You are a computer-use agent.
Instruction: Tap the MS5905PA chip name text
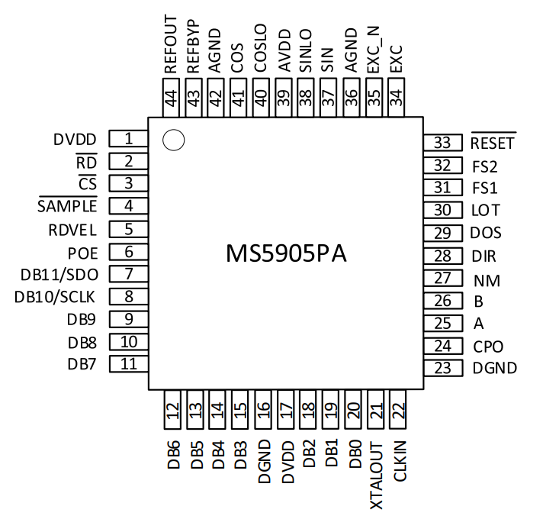coord(286,253)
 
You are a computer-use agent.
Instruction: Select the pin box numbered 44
coord(171,98)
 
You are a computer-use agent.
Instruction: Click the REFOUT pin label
coord(170,44)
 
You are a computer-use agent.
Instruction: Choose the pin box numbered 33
coord(443,143)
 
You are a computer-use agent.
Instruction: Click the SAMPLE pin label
coord(67,205)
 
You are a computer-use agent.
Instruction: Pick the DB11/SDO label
coord(59,275)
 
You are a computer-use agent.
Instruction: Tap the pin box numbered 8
coord(129,296)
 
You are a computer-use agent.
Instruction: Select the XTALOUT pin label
coord(376,476)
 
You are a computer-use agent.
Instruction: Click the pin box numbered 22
coord(398,409)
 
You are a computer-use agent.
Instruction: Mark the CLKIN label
coord(400,461)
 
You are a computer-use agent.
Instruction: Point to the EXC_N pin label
coord(374,50)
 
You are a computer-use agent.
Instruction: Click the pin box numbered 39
coord(284,98)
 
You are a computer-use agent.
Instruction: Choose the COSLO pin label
coord(260,48)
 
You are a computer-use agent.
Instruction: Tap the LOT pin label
coord(486,210)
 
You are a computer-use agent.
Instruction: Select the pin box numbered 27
coord(443,279)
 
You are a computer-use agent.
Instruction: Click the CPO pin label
coord(488,347)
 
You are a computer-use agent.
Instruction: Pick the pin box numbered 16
coord(263,409)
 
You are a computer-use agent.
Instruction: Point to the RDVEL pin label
coord(72,231)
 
